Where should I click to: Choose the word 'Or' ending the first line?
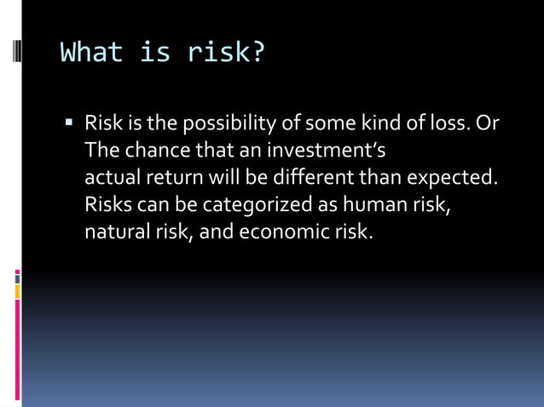[x=488, y=124]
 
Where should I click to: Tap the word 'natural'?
[x=115, y=231]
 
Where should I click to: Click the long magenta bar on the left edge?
[x=17, y=349]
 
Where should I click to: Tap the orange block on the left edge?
[x=17, y=292]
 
